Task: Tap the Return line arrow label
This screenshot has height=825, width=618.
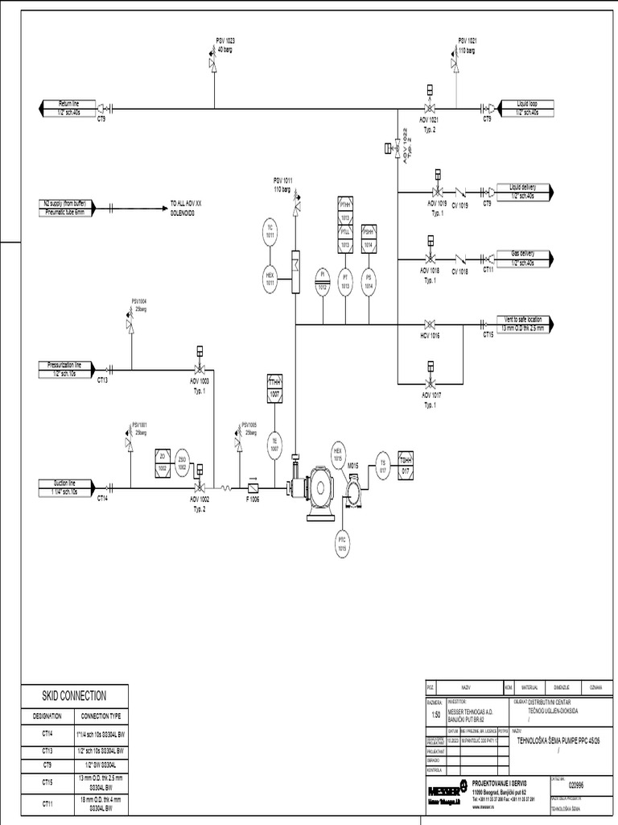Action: point(68,107)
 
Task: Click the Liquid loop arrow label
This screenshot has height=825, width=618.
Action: point(531,107)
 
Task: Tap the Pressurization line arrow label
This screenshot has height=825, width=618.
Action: point(68,369)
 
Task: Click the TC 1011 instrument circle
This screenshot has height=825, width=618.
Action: point(270,230)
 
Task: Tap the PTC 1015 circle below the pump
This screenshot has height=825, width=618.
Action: point(342,543)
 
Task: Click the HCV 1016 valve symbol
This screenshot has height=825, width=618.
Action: point(431,324)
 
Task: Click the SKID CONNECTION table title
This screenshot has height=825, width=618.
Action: point(74,695)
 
